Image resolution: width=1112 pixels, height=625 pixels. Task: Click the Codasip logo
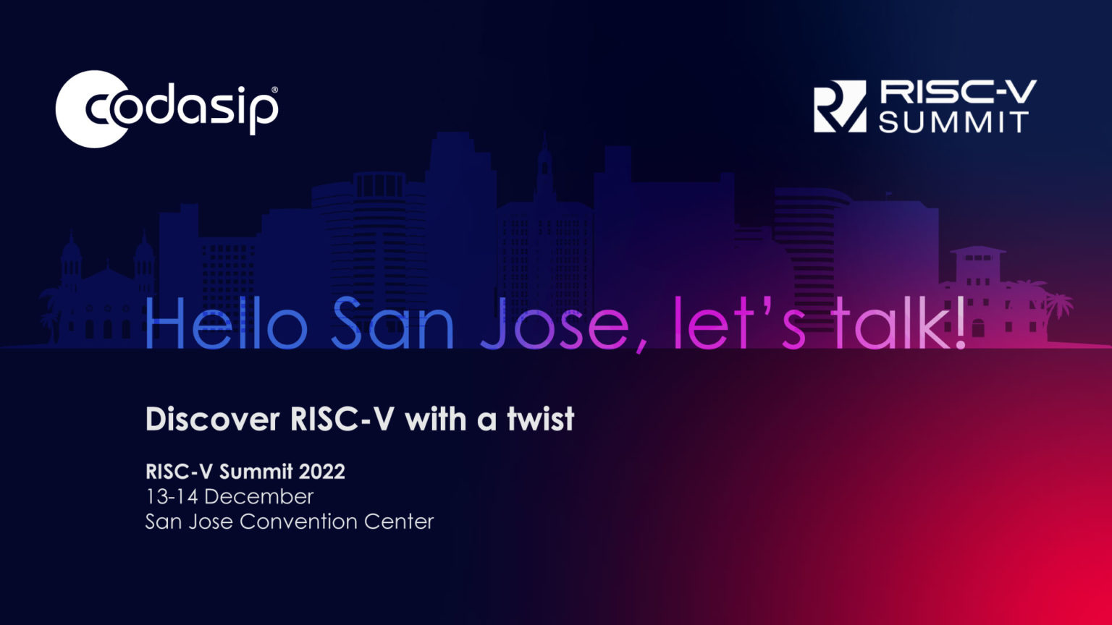point(167,109)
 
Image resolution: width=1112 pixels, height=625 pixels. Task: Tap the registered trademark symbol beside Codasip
point(274,90)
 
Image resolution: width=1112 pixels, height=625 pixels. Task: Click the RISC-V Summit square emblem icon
point(839,106)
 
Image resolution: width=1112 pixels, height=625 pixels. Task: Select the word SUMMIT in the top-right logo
point(954,122)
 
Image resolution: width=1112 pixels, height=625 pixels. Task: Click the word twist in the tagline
point(540,420)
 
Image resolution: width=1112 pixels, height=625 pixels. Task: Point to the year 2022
point(321,472)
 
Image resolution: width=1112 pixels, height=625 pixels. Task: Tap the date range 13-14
point(172,497)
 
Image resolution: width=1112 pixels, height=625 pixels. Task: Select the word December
point(258,497)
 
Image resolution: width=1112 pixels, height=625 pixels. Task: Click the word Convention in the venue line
point(298,522)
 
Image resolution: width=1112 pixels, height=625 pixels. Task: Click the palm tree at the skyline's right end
point(1058,304)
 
